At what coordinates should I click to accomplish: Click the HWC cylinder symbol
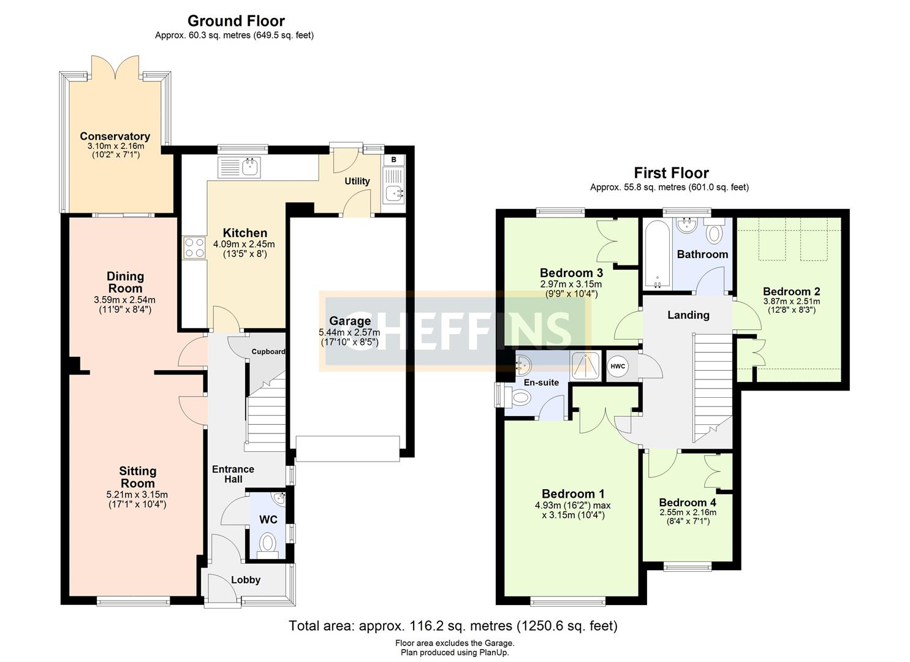click(618, 367)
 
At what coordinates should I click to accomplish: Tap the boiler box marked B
click(394, 160)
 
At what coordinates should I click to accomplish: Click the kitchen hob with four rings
click(195, 248)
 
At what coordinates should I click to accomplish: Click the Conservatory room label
click(115, 136)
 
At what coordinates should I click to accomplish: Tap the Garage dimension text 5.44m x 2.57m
click(349, 332)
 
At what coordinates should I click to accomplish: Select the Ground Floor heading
click(236, 21)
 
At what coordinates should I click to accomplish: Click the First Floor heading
click(671, 173)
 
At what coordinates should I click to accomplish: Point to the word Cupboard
click(268, 352)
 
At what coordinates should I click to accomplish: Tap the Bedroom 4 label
click(688, 502)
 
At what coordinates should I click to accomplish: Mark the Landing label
click(688, 315)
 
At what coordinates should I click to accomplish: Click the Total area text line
click(453, 626)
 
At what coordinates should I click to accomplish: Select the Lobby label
click(246, 580)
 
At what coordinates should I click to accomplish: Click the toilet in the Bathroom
click(715, 234)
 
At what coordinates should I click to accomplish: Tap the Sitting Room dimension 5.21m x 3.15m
click(137, 495)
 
